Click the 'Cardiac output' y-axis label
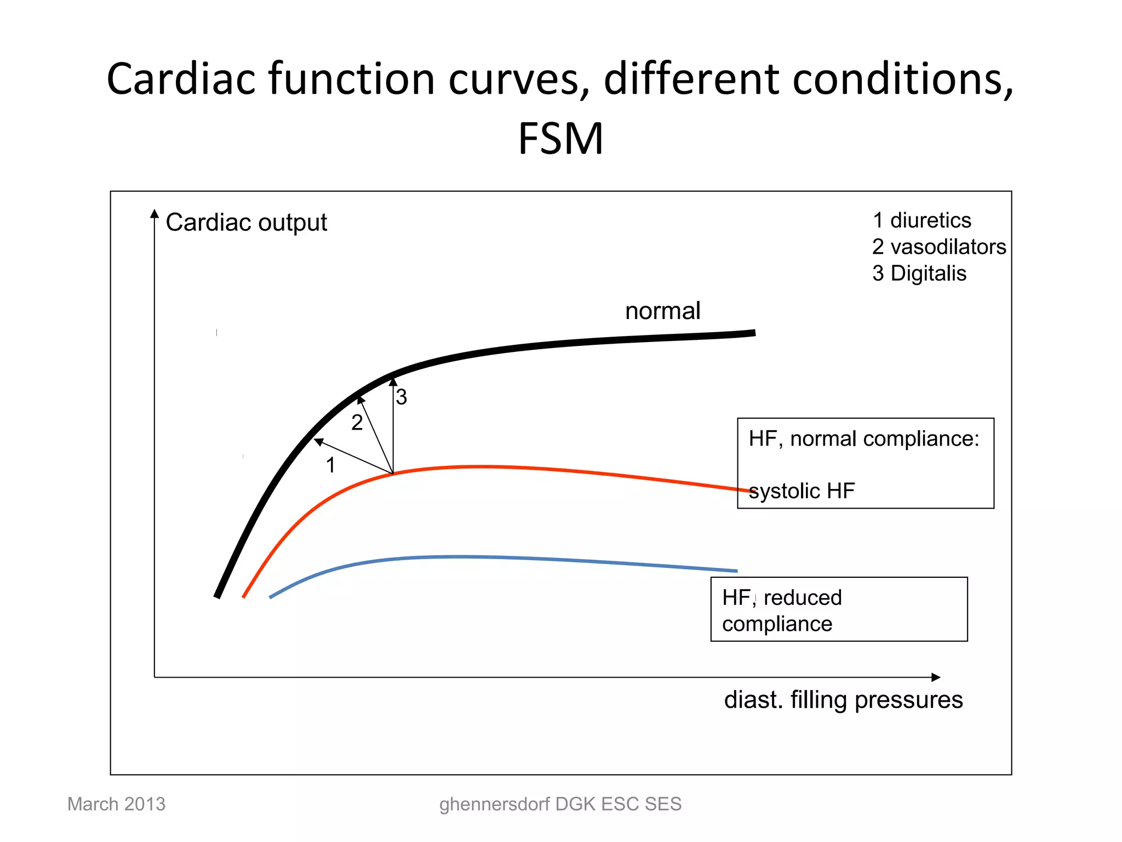tap(246, 223)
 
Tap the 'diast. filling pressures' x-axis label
tap(843, 700)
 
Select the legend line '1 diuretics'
tap(921, 220)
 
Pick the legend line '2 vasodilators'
tap(939, 247)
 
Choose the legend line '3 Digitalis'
tap(919, 274)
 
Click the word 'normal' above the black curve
tap(662, 311)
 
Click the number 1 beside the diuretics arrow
tap(330, 465)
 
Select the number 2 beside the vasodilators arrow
tap(357, 423)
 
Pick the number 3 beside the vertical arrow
tap(402, 397)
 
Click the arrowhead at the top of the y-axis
tap(154, 213)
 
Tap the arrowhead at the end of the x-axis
tap(936, 678)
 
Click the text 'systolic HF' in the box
tap(802, 491)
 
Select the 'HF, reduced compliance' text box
tap(839, 610)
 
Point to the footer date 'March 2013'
tap(116, 804)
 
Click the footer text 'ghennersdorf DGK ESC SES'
tap(560, 804)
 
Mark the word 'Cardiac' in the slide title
tap(181, 79)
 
